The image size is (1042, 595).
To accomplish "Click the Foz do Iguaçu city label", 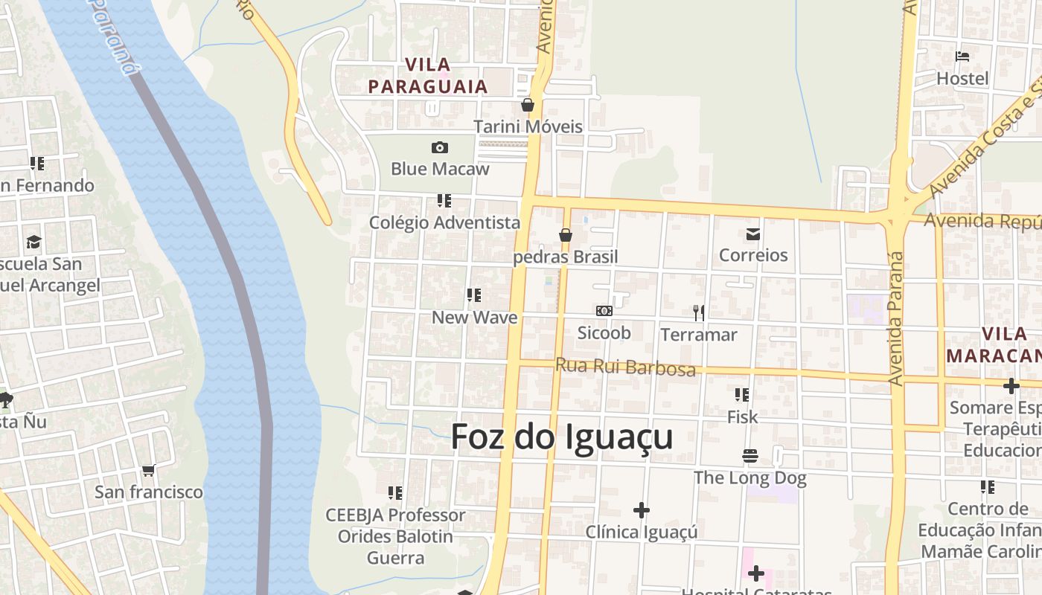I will tap(562, 437).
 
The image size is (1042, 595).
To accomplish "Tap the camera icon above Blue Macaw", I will tap(440, 147).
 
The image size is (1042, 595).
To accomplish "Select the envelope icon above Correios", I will tap(753, 234).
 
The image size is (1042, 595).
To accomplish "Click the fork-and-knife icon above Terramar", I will tap(698, 312).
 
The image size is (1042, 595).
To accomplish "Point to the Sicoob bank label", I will tap(604, 332).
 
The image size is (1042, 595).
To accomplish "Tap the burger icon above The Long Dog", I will tap(749, 455).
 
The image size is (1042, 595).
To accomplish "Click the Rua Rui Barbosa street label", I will tap(625, 367).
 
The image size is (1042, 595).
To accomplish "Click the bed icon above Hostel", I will tap(962, 57).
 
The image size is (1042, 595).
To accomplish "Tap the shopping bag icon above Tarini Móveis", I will tap(528, 105).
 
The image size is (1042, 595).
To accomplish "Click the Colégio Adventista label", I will tap(444, 222).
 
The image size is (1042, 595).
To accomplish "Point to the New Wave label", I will tap(474, 318).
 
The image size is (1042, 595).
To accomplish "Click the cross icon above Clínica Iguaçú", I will tap(641, 510).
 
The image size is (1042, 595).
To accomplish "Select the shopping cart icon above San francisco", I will tap(148, 470).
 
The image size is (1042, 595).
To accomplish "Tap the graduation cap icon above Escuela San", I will tap(33, 242).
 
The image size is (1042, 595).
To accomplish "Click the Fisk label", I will tap(742, 417).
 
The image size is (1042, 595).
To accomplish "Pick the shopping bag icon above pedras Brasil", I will tap(566, 236).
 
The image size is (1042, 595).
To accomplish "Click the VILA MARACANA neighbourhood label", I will tap(994, 344).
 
